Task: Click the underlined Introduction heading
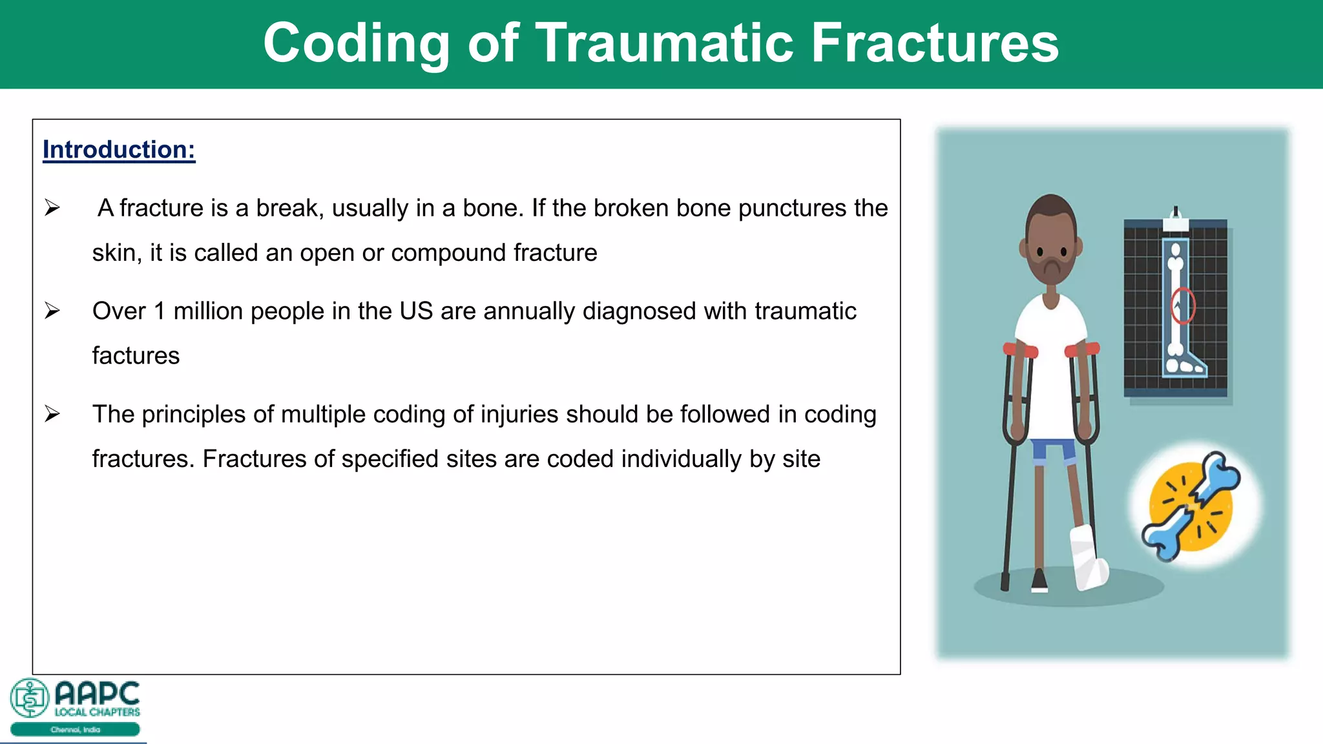119,150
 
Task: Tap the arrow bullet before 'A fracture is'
52,208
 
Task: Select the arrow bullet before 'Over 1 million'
52,311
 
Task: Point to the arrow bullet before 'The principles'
52,414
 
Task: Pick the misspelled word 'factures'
136,356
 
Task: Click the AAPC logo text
97,694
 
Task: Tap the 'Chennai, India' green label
76,730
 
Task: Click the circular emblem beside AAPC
29,697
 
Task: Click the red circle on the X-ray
1183,305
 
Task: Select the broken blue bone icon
1191,504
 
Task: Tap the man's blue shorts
1053,450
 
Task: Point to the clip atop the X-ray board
1176,220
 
